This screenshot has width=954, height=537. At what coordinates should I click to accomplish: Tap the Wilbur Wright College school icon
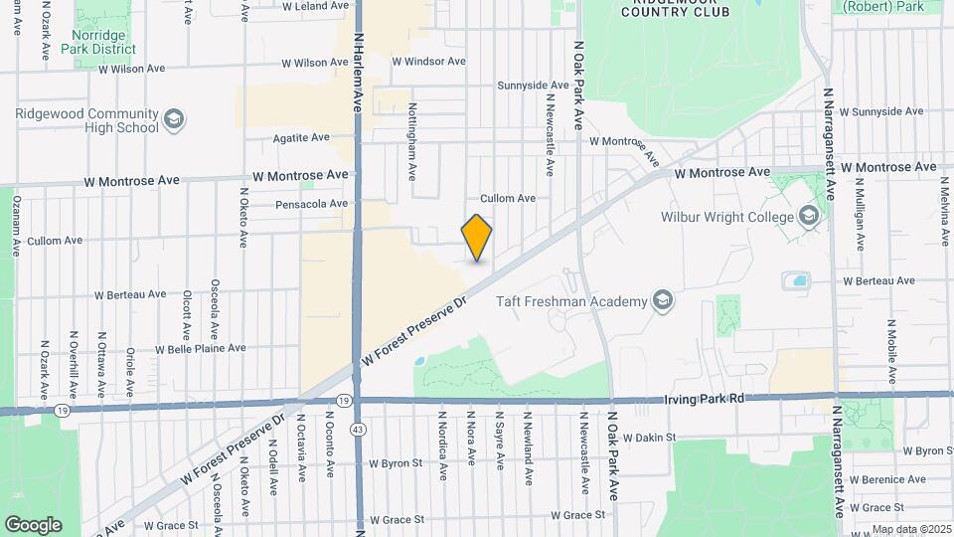tap(809, 217)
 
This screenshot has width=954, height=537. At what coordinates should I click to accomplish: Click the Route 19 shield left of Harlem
tap(62, 410)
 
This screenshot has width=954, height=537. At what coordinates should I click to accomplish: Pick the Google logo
tap(33, 525)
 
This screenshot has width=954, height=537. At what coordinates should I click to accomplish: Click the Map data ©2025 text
tap(911, 530)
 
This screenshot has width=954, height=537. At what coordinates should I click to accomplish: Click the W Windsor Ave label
tap(428, 61)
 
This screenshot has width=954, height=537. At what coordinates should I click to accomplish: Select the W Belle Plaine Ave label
tap(200, 348)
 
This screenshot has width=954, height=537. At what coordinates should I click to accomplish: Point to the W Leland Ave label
tap(315, 6)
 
